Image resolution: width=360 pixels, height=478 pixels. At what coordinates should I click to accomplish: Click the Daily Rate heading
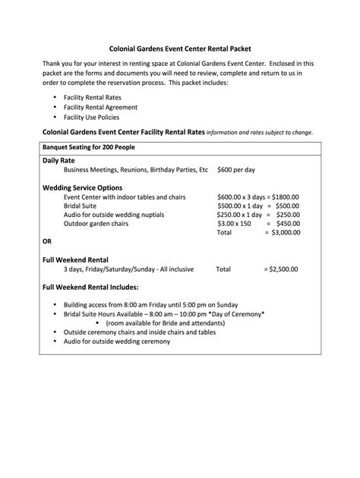pos(60,162)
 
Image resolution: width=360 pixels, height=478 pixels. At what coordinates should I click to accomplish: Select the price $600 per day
pos(236,170)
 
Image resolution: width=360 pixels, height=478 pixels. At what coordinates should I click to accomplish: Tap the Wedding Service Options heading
pos(82,187)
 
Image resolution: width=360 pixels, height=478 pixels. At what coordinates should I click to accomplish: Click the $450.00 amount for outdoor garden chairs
pos(286,224)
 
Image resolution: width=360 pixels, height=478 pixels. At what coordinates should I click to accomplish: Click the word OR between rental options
pos(47,241)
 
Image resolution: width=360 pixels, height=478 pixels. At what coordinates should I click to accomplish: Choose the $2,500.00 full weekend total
pos(281,269)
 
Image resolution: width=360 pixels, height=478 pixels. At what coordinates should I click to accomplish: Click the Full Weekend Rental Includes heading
pos(90,288)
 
